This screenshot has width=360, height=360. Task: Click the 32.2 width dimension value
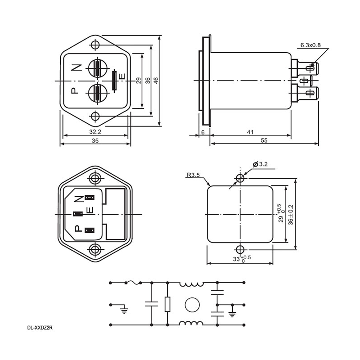point(95,132)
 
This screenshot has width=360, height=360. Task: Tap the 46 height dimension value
point(156,81)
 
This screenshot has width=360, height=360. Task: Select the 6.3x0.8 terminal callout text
point(310,45)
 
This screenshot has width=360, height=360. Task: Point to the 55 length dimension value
point(264,140)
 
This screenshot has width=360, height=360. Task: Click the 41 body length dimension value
point(250,132)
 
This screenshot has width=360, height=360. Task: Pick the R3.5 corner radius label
point(193,175)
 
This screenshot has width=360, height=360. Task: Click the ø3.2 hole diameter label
point(260,164)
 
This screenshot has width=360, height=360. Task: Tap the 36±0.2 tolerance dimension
point(291,215)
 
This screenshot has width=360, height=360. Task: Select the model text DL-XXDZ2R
point(40,328)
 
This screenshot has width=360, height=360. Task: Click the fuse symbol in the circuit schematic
point(133,283)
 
